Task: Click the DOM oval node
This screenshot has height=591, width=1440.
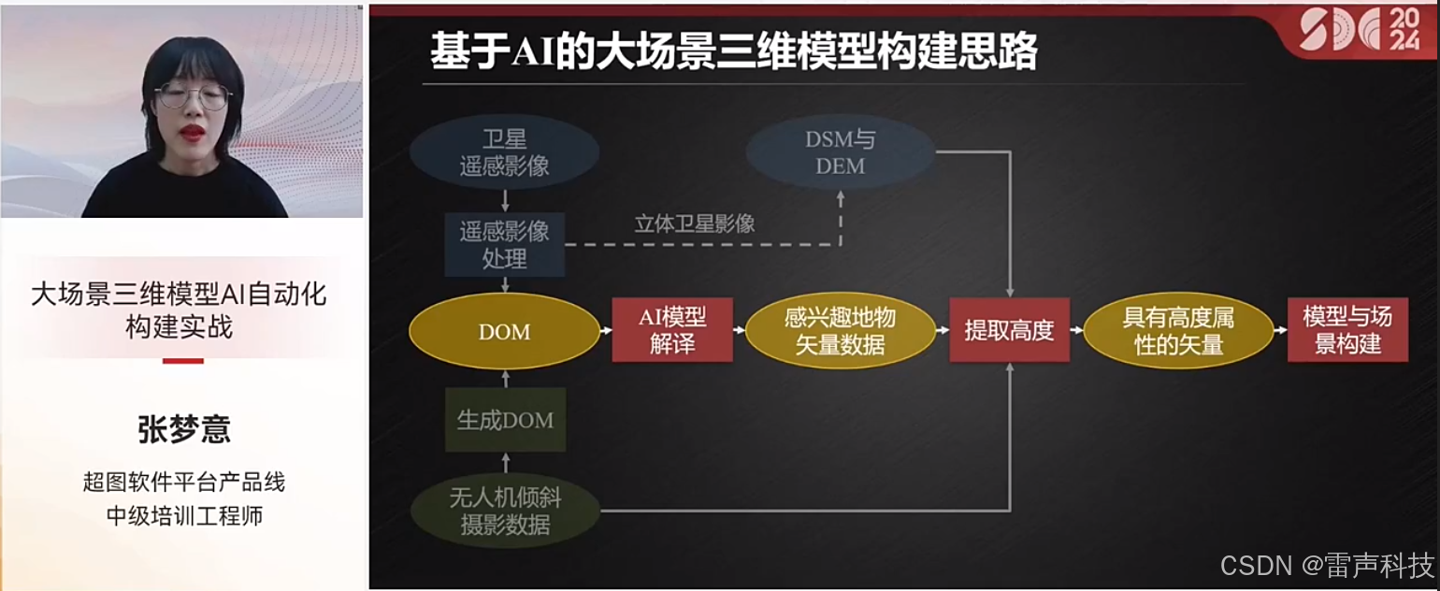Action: pyautogui.click(x=504, y=332)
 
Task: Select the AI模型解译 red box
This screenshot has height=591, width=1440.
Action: pyautogui.click(x=672, y=330)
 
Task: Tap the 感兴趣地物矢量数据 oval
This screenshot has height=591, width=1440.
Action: pyautogui.click(x=840, y=331)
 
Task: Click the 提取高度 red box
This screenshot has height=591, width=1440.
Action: pyautogui.click(x=1009, y=330)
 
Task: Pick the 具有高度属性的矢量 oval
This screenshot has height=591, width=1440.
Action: pyautogui.click(x=1178, y=331)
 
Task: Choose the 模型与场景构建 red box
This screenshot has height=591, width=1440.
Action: pyautogui.click(x=1347, y=330)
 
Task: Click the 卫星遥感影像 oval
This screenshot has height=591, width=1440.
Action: pyautogui.click(x=504, y=153)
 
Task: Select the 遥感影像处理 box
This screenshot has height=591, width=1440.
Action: pyautogui.click(x=504, y=244)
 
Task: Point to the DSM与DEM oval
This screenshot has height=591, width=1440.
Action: pyautogui.click(x=841, y=153)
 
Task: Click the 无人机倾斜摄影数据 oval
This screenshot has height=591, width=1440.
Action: pyautogui.click(x=505, y=511)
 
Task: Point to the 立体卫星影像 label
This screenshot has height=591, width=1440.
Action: pyautogui.click(x=695, y=224)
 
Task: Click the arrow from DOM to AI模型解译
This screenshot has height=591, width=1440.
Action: pyautogui.click(x=606, y=331)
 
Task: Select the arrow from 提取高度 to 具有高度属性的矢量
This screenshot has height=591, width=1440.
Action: pyautogui.click(x=1076, y=331)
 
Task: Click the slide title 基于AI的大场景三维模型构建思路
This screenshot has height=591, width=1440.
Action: pyautogui.click(x=733, y=52)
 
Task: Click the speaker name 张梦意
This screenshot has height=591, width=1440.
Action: pyautogui.click(x=184, y=430)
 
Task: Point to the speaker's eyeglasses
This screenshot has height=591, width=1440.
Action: pyautogui.click(x=193, y=95)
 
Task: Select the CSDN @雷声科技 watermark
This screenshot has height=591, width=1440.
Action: pyautogui.click(x=1327, y=565)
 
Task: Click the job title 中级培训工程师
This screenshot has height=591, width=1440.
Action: pyautogui.click(x=184, y=515)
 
